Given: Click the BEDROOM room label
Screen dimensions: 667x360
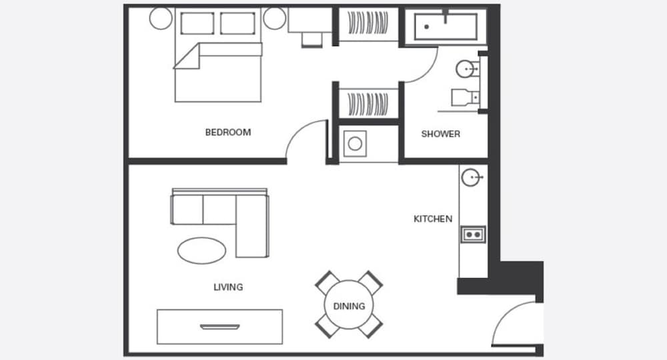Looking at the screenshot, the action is click(x=228, y=132).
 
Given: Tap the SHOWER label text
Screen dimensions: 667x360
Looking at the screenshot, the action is click(x=441, y=134).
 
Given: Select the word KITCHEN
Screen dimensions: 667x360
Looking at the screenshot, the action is click(x=433, y=219).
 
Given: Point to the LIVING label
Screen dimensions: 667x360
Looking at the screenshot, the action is click(x=228, y=287).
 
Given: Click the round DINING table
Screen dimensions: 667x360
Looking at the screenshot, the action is click(x=349, y=305).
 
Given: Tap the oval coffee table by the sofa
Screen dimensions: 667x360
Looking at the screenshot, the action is click(x=201, y=251).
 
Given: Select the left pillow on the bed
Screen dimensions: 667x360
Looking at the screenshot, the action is click(x=197, y=23).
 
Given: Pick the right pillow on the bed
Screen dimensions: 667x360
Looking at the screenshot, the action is click(x=238, y=23).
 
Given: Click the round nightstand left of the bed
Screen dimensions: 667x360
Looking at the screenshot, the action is click(x=161, y=18).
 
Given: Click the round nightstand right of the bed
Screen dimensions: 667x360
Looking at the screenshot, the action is click(x=274, y=18).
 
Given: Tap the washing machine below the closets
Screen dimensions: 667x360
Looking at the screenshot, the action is click(x=356, y=143).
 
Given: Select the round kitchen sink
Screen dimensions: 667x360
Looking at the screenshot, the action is click(x=470, y=177).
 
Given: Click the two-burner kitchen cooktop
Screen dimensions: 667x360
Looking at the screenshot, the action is click(x=473, y=234).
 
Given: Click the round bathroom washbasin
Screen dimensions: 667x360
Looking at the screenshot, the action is click(x=466, y=69).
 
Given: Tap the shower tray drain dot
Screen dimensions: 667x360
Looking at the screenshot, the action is click(x=426, y=27).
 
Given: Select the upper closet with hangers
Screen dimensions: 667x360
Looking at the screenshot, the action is click(x=368, y=23).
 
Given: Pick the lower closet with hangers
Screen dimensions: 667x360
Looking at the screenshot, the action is click(x=368, y=104).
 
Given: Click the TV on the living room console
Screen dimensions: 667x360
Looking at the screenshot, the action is click(x=220, y=327).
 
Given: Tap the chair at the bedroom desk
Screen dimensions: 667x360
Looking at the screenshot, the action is click(x=312, y=40).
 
